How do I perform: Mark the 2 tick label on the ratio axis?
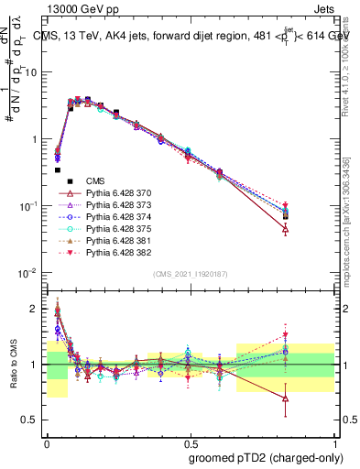coord(34,309)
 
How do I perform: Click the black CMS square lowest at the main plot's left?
coord(58,169)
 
